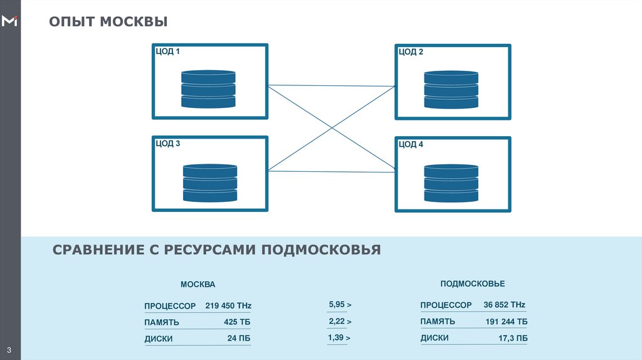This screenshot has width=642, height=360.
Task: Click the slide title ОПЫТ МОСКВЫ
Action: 108,22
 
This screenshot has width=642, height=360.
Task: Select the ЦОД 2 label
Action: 411,52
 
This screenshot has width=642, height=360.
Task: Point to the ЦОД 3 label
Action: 168,144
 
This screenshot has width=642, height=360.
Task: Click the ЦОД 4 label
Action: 411,144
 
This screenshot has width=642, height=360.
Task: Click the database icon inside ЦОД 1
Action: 208,88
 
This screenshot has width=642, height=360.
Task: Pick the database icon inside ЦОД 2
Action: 451,89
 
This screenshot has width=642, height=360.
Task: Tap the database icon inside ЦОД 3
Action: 210,183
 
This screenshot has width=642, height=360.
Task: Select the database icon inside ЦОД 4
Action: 451,183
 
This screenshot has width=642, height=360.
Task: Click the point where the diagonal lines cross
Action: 332,128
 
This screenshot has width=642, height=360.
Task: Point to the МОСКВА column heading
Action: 197,284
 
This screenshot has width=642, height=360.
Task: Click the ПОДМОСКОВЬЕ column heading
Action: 472,284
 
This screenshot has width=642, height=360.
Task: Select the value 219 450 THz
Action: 228,305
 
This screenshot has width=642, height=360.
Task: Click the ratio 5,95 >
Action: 339,305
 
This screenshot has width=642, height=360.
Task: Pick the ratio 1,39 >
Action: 339,338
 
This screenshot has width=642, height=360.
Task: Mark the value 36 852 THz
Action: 504,305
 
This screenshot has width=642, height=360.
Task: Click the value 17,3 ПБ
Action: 512,338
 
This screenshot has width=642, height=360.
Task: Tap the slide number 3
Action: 10,349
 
